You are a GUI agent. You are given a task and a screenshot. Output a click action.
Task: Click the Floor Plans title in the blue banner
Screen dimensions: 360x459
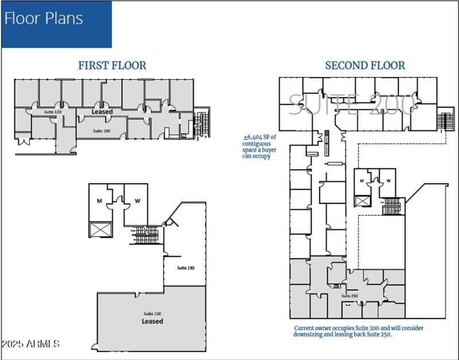click(44, 18)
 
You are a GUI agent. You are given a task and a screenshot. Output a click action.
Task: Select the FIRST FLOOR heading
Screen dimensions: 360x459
click(112, 65)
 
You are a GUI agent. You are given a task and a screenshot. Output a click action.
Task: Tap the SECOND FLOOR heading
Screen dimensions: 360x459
click(365, 65)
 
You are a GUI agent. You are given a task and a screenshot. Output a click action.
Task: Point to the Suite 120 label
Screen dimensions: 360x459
click(53, 111)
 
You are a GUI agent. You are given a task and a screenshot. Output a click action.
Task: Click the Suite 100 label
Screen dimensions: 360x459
click(102, 131)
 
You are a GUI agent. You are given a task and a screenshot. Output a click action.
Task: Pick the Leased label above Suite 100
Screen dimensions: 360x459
click(102, 111)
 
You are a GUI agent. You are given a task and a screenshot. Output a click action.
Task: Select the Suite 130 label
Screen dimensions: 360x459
click(185, 268)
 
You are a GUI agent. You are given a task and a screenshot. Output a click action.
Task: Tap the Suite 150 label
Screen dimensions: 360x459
click(152, 313)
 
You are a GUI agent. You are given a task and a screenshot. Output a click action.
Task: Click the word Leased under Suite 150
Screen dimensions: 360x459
click(152, 322)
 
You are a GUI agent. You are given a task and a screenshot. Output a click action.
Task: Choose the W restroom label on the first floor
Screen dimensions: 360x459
click(138, 201)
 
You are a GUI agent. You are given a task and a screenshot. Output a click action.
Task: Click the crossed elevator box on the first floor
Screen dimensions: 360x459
click(97, 229)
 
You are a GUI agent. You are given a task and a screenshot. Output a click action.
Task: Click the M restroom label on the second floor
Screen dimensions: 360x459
click(361, 181)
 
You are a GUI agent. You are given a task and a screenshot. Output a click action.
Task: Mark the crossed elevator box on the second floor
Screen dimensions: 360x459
click(362, 201)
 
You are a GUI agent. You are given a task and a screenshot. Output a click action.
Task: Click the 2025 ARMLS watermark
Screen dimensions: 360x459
click(31, 344)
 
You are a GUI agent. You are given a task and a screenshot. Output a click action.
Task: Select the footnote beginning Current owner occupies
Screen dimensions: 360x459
click(358, 331)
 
